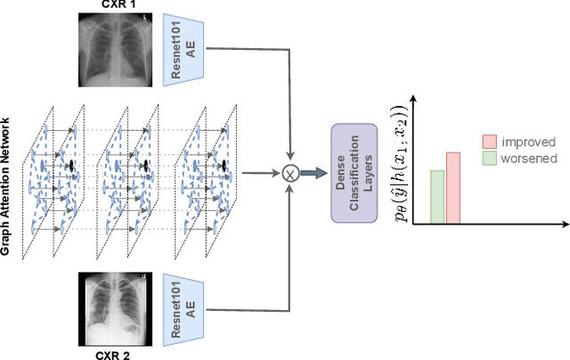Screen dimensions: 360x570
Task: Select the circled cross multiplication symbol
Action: point(288,175)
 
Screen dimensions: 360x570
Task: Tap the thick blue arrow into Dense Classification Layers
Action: point(311,175)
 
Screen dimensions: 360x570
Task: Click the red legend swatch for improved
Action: point(489,142)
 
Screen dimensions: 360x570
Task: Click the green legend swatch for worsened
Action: point(489,159)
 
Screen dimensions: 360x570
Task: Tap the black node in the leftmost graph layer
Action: point(69,166)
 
